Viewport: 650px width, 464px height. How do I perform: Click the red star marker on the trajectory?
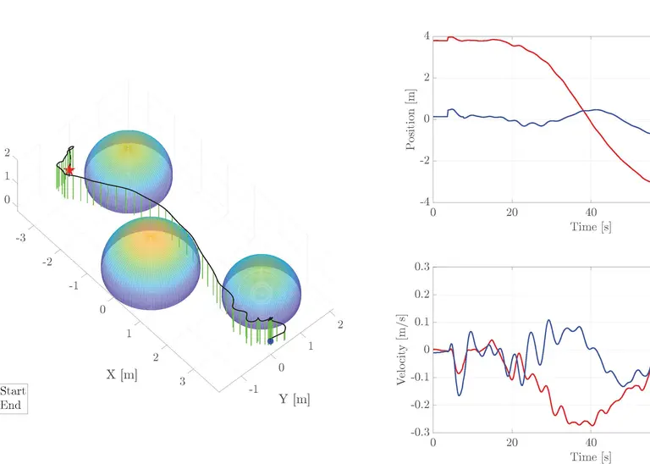tap(69, 170)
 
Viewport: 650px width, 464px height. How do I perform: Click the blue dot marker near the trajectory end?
tap(270, 341)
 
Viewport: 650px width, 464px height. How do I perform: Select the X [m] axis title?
tap(122, 374)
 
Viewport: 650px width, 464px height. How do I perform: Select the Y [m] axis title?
tap(295, 399)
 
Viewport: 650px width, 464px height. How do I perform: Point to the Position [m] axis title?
tap(411, 119)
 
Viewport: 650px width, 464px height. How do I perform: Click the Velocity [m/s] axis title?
tap(402, 349)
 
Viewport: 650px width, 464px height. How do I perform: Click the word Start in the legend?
tap(13, 391)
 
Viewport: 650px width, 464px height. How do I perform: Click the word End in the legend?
tap(10, 405)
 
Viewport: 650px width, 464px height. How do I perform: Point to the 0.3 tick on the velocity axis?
tap(420, 267)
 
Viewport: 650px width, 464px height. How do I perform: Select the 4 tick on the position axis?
tap(427, 37)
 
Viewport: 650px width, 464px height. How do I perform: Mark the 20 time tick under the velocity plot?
tap(512, 443)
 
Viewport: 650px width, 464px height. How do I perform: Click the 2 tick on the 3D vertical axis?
tap(7, 153)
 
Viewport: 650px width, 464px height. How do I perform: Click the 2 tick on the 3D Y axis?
tap(340, 324)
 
